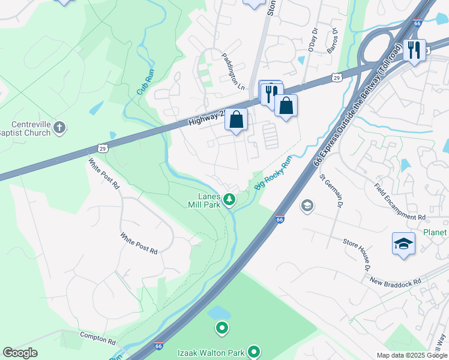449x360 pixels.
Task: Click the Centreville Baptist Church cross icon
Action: (x=59, y=127)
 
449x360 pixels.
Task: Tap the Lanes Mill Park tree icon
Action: (x=229, y=199)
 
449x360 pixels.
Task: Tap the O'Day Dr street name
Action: (x=312, y=39)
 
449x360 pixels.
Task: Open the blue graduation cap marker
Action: (x=404, y=244)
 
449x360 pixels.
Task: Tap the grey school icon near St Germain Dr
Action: (x=307, y=206)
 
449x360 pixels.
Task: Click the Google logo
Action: (x=20, y=353)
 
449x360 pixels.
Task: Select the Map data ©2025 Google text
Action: (x=411, y=355)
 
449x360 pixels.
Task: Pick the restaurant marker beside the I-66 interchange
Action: (x=414, y=50)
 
